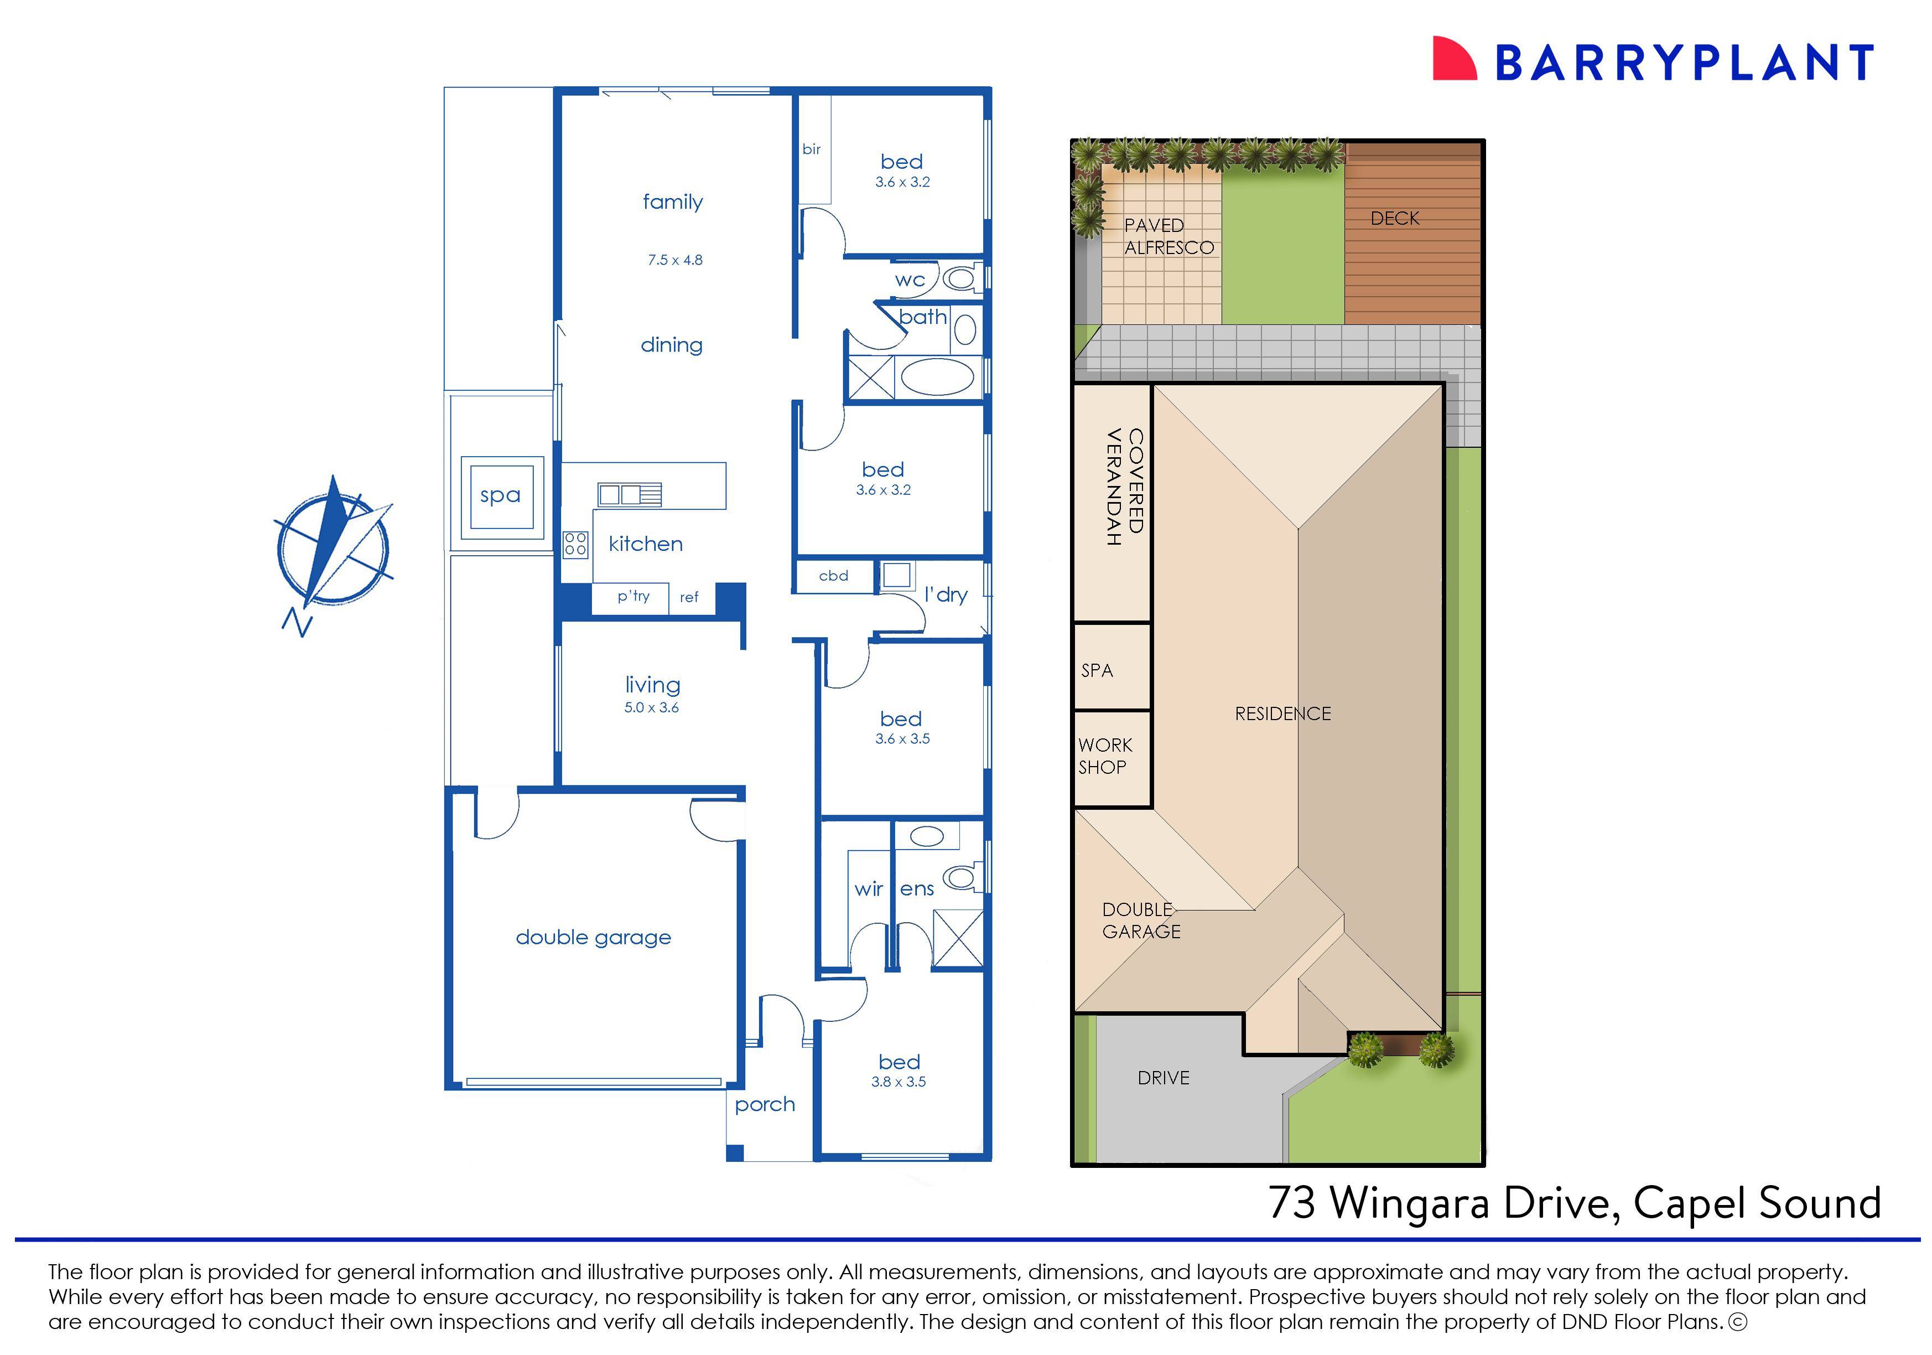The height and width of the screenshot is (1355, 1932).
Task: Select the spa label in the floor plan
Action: (x=500, y=496)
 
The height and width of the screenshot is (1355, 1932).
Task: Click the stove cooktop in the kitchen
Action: (x=575, y=544)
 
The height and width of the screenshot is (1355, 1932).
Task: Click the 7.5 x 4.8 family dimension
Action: (x=675, y=260)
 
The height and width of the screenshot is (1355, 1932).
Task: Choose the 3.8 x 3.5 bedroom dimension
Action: (x=898, y=1082)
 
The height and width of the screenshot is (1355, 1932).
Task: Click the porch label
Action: (x=764, y=1104)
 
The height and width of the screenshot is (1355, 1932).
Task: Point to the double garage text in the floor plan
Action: (x=593, y=938)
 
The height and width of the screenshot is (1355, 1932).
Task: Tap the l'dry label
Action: (x=946, y=595)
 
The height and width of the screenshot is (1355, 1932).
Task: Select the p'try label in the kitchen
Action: (x=633, y=596)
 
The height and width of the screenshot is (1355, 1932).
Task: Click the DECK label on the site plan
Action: (x=1394, y=219)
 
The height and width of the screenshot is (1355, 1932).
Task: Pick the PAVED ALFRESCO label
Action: (x=1168, y=236)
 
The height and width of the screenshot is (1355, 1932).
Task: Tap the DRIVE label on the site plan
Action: (x=1163, y=1078)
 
